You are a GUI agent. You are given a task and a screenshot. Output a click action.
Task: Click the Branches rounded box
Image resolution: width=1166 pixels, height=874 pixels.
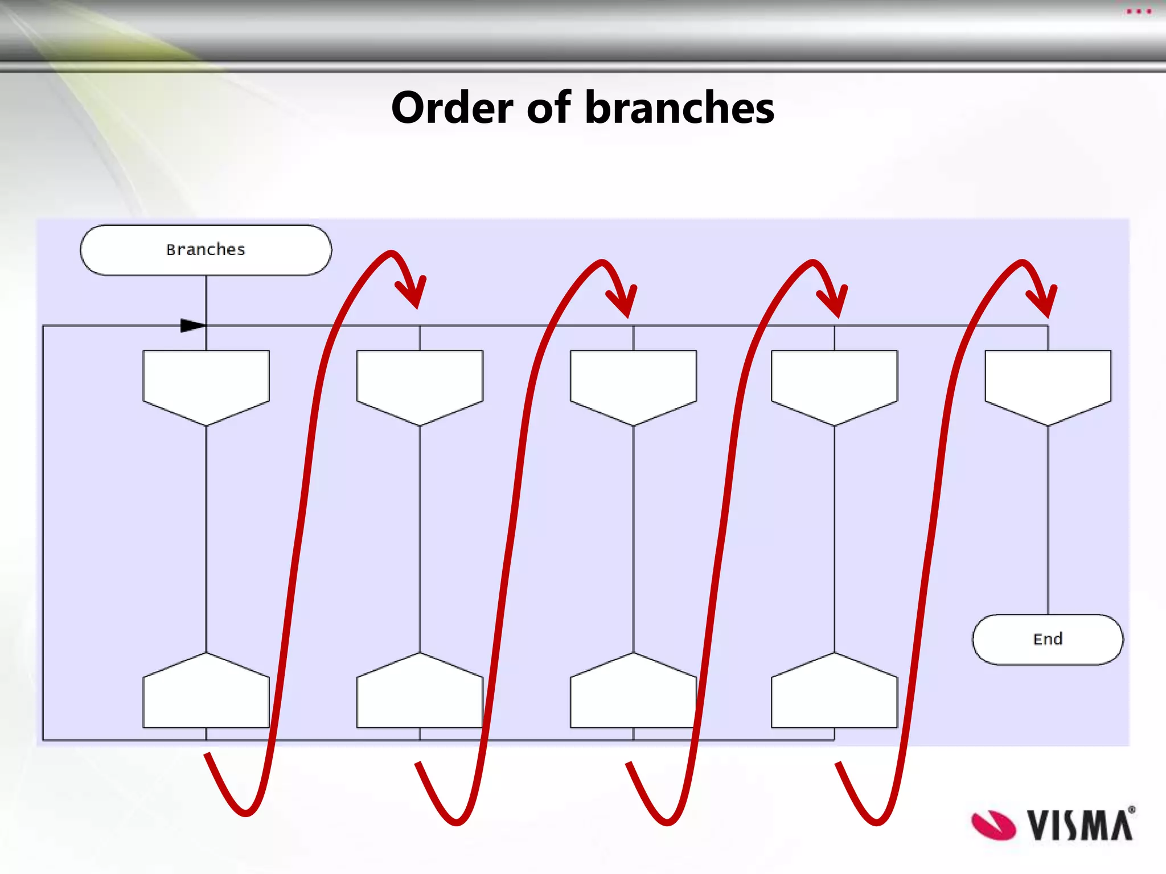click(x=206, y=250)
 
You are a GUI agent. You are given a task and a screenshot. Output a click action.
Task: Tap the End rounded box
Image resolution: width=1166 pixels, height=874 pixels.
click(x=1048, y=639)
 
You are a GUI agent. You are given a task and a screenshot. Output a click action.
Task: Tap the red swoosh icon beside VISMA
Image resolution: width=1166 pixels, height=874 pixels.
click(x=993, y=825)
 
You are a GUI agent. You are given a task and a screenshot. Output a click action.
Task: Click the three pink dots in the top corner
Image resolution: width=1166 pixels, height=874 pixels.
click(x=1139, y=11)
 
